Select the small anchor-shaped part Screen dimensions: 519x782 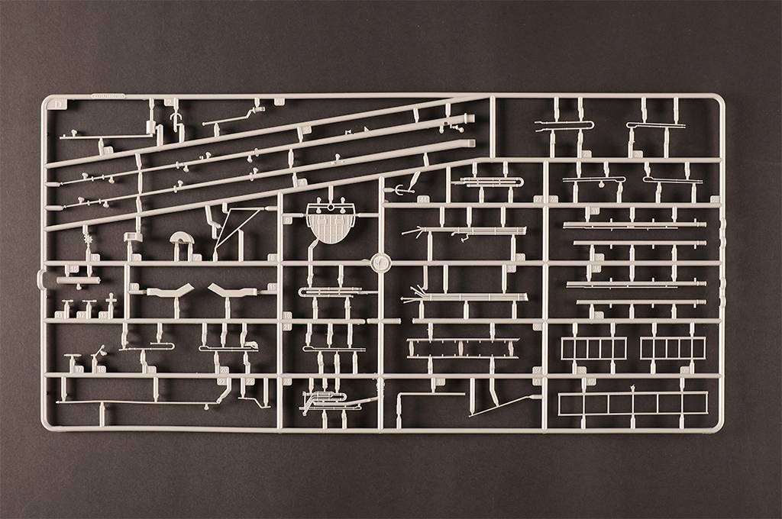[399, 189]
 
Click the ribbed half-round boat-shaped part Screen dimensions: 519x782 [331, 224]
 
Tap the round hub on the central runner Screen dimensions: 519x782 [380, 263]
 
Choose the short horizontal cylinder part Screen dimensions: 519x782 [78, 280]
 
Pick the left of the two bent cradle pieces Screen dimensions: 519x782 [170, 291]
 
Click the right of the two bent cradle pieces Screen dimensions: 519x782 [233, 291]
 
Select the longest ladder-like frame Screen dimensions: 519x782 [632, 403]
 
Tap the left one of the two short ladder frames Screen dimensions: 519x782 [593, 348]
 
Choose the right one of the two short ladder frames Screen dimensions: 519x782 [673, 348]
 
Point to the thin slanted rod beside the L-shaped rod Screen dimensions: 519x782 [504, 405]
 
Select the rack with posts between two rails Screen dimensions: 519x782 [463, 348]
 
